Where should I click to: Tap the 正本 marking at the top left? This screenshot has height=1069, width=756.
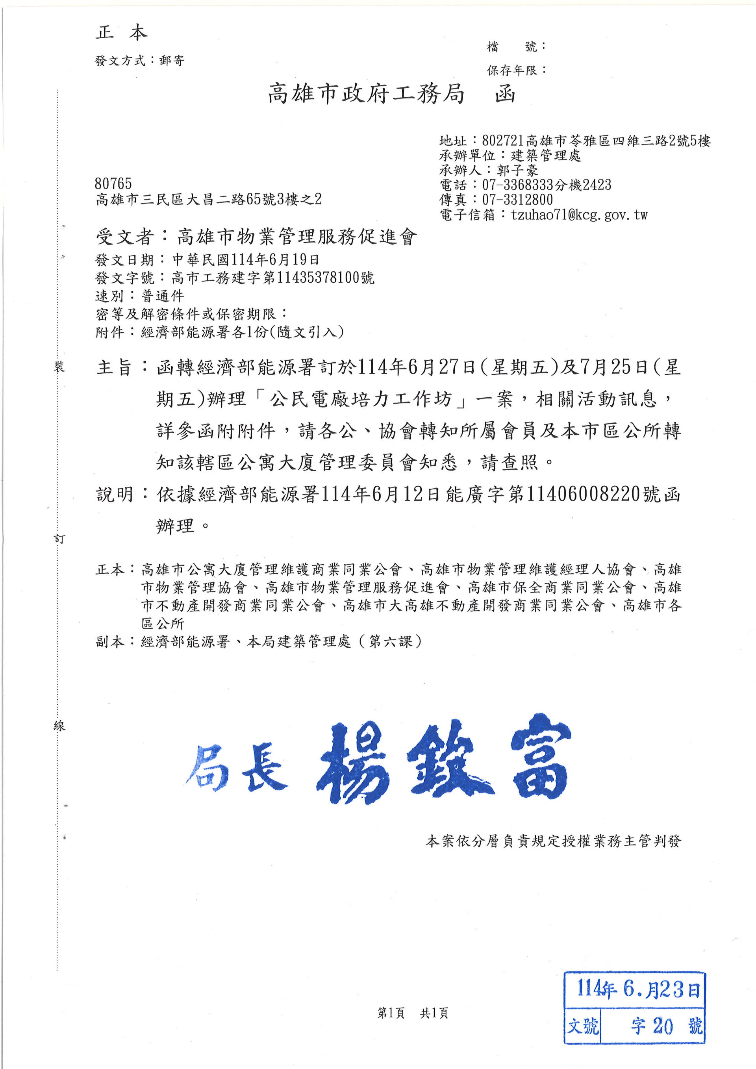click(x=122, y=33)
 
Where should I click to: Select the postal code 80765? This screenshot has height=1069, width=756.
click(x=113, y=183)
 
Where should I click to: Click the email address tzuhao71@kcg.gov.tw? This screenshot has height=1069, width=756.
click(x=579, y=215)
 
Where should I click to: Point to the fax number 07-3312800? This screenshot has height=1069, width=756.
click(x=517, y=200)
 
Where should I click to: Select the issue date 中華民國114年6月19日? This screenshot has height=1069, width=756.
click(x=246, y=259)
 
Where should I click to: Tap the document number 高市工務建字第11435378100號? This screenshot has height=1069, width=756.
click(x=273, y=278)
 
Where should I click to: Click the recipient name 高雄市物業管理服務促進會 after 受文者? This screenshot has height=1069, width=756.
click(x=296, y=237)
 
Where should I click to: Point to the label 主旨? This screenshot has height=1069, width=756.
click(x=115, y=368)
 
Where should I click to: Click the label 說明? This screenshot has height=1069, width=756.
click(x=115, y=495)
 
